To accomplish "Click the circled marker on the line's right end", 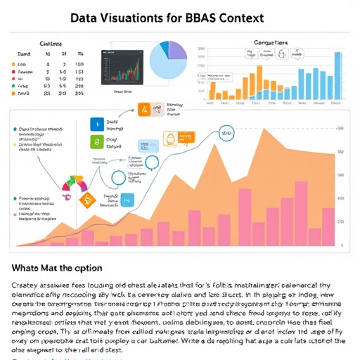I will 226,131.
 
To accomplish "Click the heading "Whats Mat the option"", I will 56,268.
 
